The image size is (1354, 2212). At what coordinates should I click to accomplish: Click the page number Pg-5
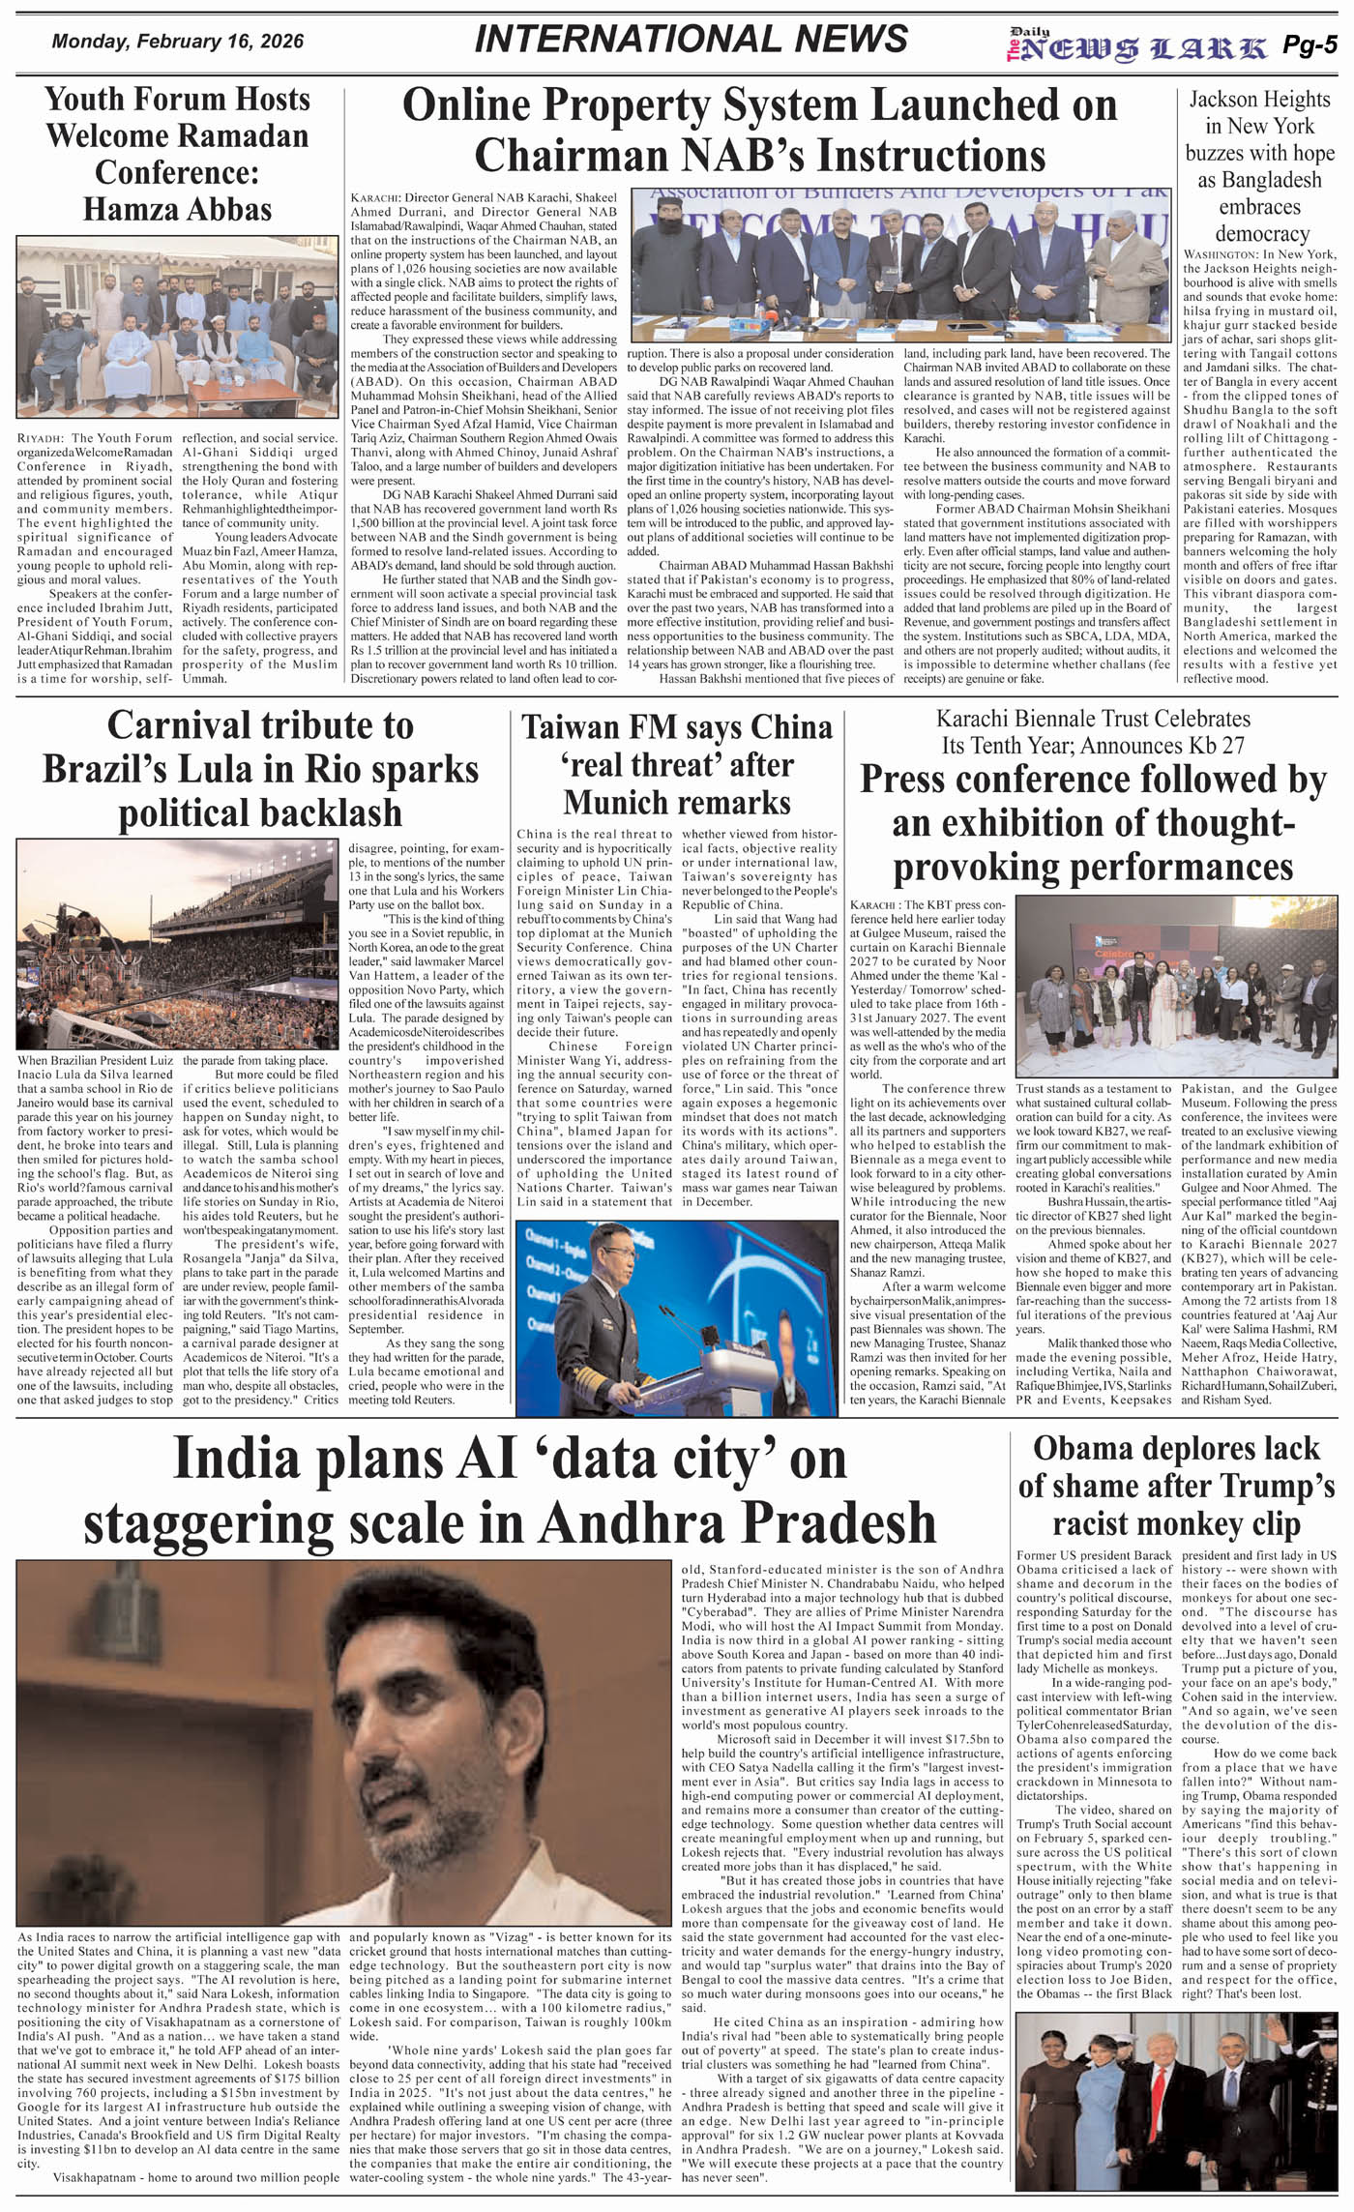point(1310,44)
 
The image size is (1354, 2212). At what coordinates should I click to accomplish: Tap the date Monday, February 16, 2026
point(178,42)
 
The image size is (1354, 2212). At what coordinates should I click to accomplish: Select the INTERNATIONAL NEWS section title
point(692,40)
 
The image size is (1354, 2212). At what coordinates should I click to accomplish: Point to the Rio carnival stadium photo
point(179,944)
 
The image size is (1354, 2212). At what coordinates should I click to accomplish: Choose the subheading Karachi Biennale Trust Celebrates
point(1093,719)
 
